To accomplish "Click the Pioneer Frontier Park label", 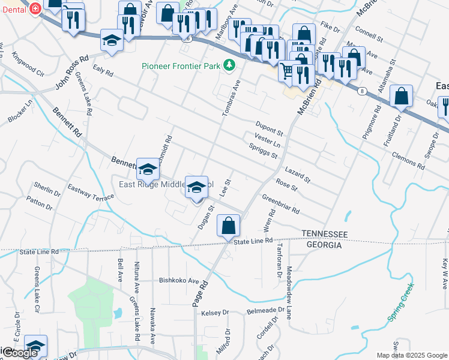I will (181, 65).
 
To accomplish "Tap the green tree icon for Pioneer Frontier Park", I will (229, 65).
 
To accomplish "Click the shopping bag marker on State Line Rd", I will (229, 226).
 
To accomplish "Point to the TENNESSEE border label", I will (324, 233).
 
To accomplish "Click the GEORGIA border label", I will (324, 245).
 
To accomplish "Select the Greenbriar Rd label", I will (281, 206).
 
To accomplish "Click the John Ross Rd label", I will (72, 73).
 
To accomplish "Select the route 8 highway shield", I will (361, 91).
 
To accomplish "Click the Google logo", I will (19, 353).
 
